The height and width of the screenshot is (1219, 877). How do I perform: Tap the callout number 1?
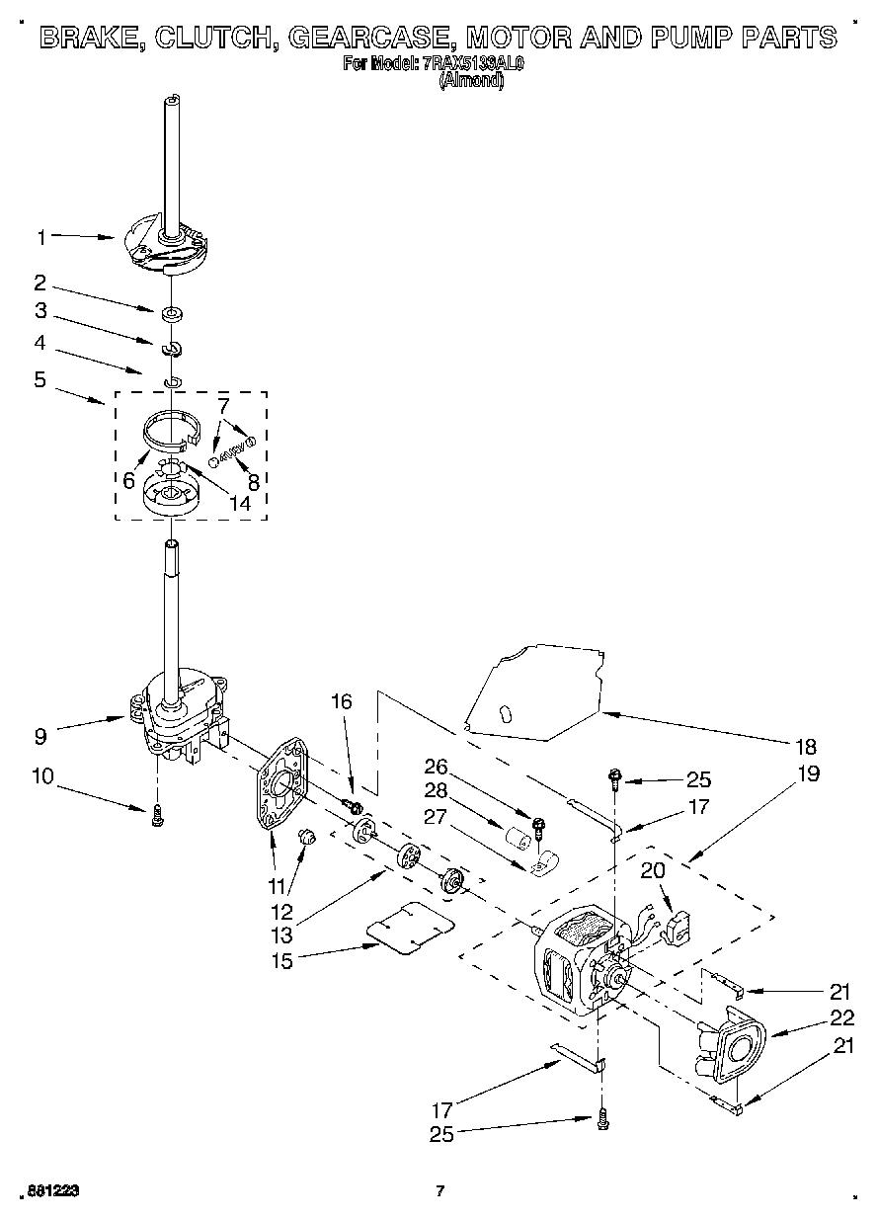[x=40, y=237]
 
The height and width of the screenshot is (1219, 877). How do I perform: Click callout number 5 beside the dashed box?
[x=40, y=379]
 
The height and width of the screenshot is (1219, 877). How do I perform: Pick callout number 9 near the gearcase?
[x=40, y=735]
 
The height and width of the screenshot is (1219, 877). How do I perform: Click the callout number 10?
[x=41, y=776]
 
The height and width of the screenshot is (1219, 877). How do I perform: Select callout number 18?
[x=807, y=746]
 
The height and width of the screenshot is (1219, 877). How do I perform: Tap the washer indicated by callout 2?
[x=174, y=315]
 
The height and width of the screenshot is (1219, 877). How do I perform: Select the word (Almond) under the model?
[x=471, y=82]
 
